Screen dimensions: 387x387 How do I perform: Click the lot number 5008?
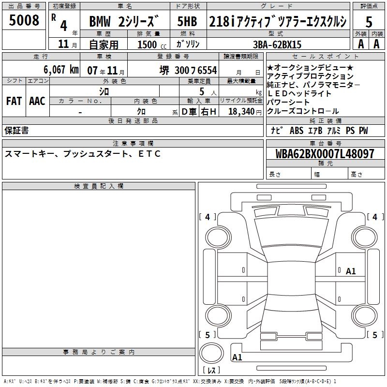tap(24, 20)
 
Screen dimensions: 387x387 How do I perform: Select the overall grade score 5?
tap(369, 22)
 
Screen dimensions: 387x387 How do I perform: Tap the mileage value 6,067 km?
tap(61, 70)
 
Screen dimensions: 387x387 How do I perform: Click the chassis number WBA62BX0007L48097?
tap(325, 153)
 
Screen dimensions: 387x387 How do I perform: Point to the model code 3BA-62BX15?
tap(277, 45)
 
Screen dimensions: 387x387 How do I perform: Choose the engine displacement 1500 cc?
tap(152, 45)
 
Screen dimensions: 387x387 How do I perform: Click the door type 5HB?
tap(187, 21)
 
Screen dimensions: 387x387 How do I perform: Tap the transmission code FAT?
tap(14, 101)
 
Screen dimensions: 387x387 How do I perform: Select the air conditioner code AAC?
tap(37, 101)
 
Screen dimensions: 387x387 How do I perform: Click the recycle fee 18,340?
tap(241, 111)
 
